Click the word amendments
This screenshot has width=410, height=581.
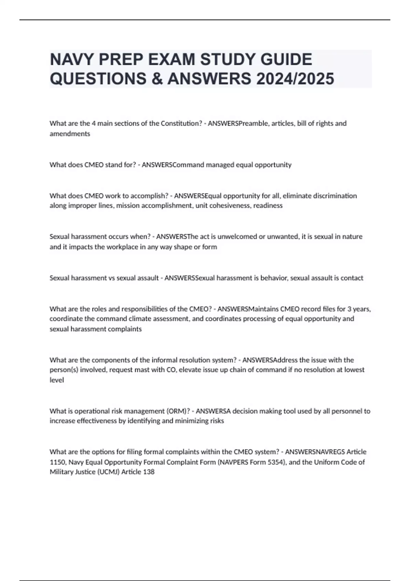pyautogui.click(x=70, y=134)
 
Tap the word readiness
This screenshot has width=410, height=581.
pyautogui.click(x=268, y=206)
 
